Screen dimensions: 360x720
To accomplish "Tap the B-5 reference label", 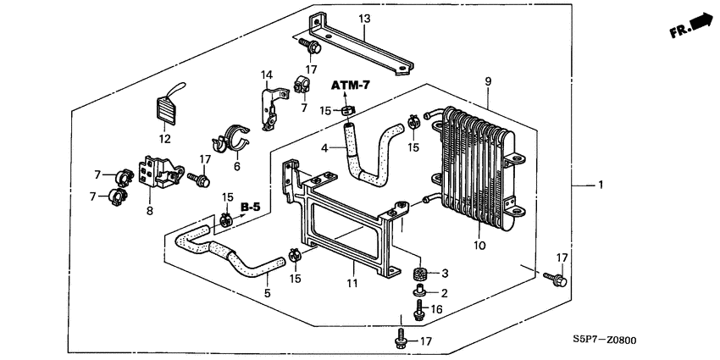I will pyautogui.click(x=250, y=208).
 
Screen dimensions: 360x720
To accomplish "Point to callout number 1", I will pyautogui.click(x=601, y=185).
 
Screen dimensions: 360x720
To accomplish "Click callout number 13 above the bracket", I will pyautogui.click(x=364, y=19).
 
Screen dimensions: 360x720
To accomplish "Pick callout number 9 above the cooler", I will pyautogui.click(x=488, y=81).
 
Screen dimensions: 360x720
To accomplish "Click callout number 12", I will pyautogui.click(x=164, y=139).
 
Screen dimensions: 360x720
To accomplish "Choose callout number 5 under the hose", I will pyautogui.click(x=268, y=293).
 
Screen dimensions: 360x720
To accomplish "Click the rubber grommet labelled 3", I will pyautogui.click(x=418, y=274).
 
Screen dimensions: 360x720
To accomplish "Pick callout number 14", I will pyautogui.click(x=266, y=75).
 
